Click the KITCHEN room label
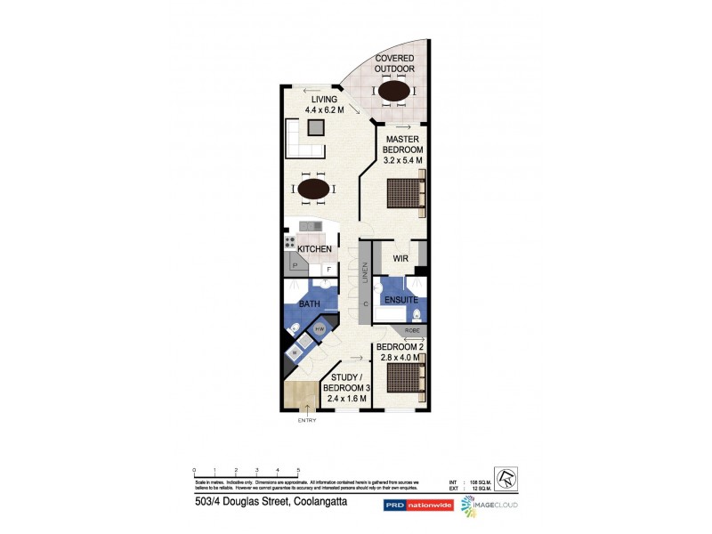click(x=315, y=249)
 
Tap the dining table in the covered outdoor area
click(x=393, y=91)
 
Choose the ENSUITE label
click(x=401, y=301)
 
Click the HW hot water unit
click(x=319, y=330)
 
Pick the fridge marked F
click(x=328, y=269)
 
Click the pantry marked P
click(x=295, y=265)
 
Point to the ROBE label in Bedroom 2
click(x=412, y=331)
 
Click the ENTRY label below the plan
click(x=307, y=420)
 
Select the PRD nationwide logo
click(x=417, y=505)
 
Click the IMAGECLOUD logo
click(x=489, y=505)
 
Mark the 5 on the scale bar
click(x=298, y=469)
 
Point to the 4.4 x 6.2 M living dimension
click(x=312, y=109)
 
